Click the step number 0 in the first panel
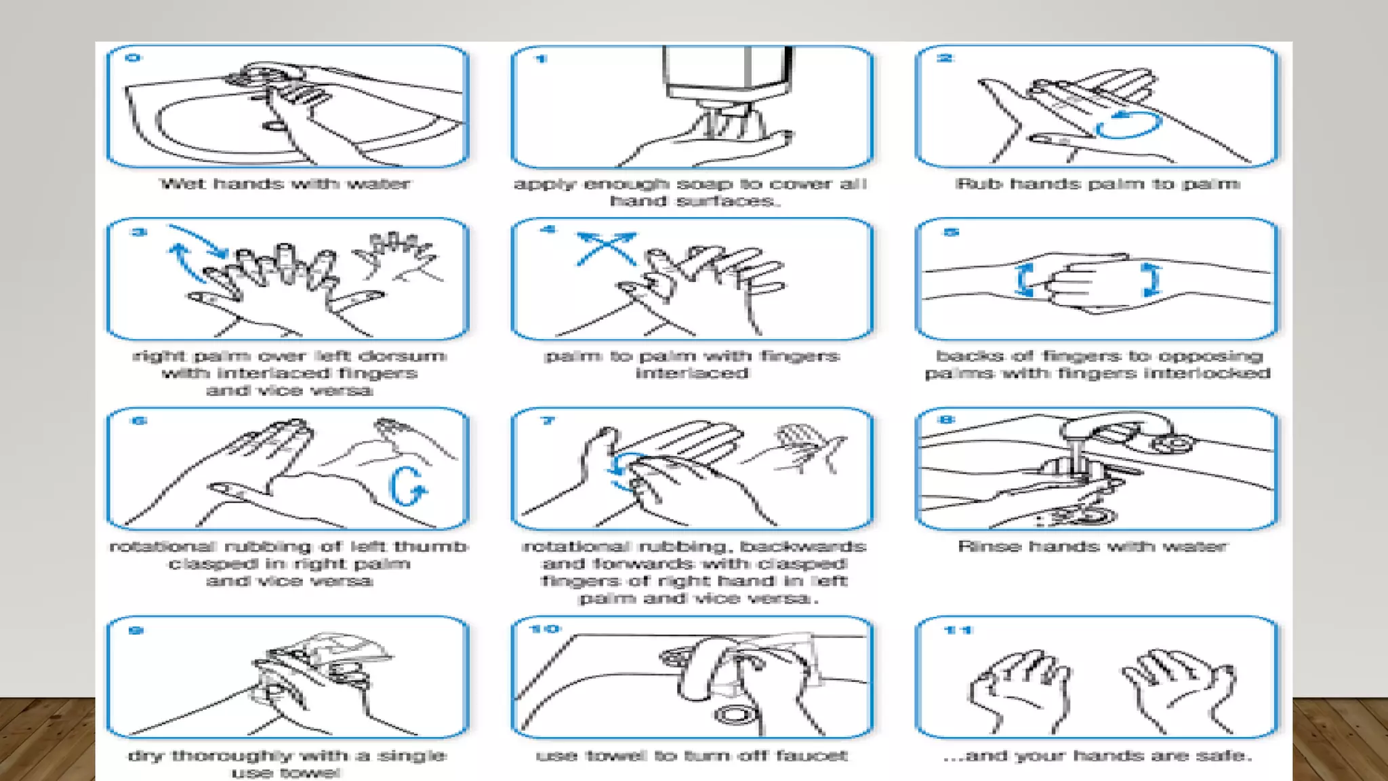point(133,58)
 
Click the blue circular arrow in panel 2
point(1128,125)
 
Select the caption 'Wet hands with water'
point(285,184)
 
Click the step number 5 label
point(951,233)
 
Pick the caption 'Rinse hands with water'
point(1093,547)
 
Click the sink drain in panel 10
point(732,715)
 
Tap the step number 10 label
point(545,630)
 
